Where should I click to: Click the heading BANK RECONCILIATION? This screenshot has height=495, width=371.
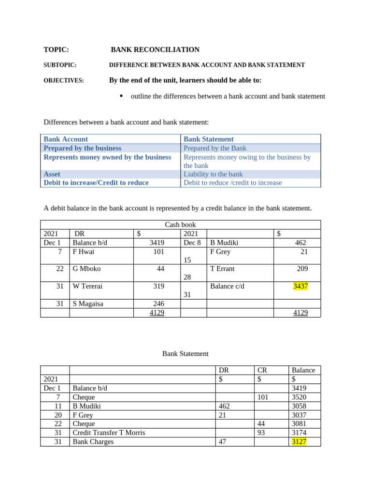point(155,50)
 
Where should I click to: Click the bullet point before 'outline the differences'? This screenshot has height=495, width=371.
point(121,96)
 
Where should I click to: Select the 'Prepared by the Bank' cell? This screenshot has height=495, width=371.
point(215,148)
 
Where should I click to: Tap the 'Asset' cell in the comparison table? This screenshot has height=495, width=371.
point(52,174)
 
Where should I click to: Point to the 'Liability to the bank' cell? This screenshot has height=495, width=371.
point(213,174)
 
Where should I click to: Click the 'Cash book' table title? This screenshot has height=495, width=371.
point(180,225)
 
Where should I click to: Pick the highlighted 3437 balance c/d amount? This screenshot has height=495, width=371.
point(300,286)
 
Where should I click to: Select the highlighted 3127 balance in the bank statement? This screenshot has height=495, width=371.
point(299,442)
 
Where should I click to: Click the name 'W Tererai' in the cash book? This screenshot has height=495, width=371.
point(87,286)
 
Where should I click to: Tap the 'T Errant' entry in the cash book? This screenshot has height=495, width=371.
point(222,269)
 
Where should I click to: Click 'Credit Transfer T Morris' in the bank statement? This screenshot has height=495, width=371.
point(109,433)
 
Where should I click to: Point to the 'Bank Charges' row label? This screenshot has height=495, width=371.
point(93,442)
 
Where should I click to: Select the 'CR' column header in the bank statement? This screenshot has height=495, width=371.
point(262,370)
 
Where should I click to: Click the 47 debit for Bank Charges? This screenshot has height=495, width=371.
point(223,442)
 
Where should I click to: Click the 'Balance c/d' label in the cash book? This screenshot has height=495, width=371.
point(227,286)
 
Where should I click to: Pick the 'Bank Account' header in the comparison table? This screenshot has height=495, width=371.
point(66,139)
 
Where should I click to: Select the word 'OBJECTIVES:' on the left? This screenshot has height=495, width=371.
point(64,81)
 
